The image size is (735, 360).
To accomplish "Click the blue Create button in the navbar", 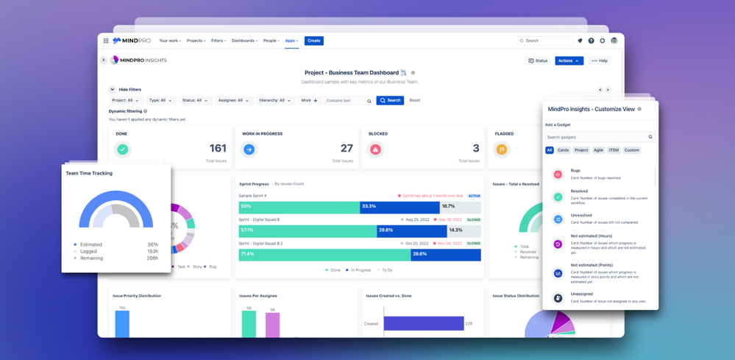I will (313, 40).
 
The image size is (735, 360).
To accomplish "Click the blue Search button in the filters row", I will (390, 100).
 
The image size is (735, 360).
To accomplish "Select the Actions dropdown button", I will (569, 60).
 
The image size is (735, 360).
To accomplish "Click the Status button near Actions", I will (538, 60).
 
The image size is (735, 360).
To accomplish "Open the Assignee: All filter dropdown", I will (232, 100).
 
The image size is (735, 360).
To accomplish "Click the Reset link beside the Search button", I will (415, 100).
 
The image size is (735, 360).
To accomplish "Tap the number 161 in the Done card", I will (218, 148).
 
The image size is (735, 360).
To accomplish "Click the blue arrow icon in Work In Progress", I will (249, 149).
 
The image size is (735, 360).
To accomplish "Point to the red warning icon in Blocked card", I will (375, 149).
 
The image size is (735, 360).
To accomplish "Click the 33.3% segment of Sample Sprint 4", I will (399, 206).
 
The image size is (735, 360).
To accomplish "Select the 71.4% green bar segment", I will (324, 254).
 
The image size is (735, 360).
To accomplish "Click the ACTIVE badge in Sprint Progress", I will (475, 196).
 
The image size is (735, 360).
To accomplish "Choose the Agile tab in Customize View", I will (598, 150).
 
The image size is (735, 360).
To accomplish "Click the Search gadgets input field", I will (596, 137).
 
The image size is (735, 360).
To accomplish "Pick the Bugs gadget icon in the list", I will (558, 174).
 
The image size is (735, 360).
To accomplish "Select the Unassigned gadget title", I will (582, 294).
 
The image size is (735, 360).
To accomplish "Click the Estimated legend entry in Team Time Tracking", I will (91, 244).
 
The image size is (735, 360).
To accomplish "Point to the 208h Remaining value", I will (152, 258).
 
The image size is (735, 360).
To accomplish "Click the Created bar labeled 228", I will (424, 323).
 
